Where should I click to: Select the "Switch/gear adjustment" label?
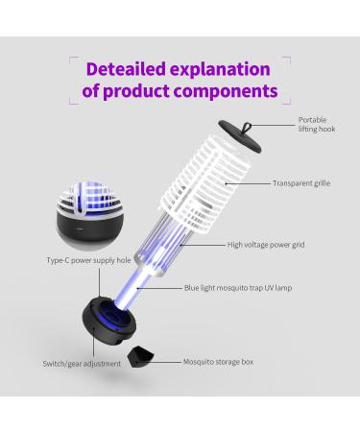click(x=82, y=364)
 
